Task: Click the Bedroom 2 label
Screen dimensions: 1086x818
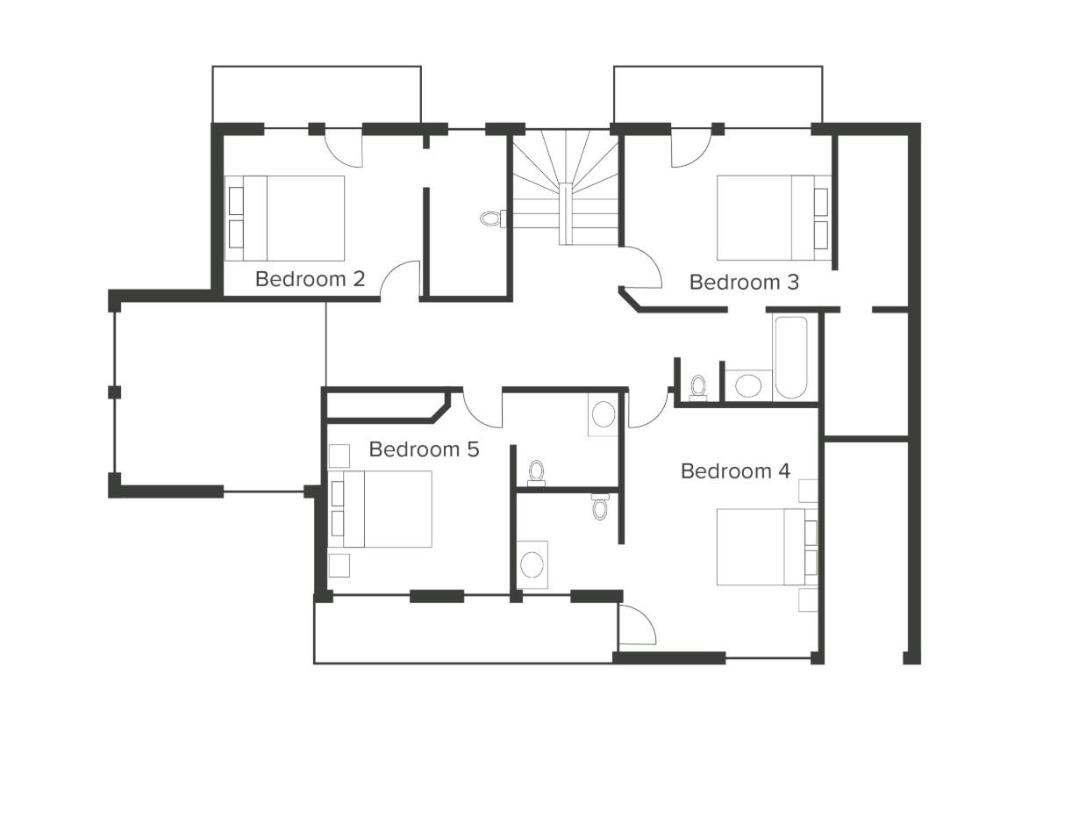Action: point(310,279)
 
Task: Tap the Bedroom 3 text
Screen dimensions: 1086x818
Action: point(744,282)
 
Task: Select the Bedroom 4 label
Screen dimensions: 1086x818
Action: point(735,471)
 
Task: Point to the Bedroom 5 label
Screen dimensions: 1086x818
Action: point(424,449)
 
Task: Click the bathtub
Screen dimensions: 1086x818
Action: point(791,357)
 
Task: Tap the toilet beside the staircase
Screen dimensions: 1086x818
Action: point(493,218)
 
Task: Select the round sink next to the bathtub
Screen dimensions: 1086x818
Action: point(748,385)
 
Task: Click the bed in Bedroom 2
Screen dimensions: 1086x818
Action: point(284,219)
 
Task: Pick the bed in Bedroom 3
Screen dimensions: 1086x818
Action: point(774,218)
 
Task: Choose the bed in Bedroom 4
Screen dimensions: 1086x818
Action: point(768,547)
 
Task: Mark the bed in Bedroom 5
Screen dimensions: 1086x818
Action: point(381,509)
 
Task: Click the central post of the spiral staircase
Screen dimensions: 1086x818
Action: point(566,213)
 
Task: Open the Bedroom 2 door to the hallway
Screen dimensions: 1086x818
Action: point(400,280)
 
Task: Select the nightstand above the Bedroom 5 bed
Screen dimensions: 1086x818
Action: point(339,456)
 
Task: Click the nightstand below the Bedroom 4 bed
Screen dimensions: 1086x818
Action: point(809,599)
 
